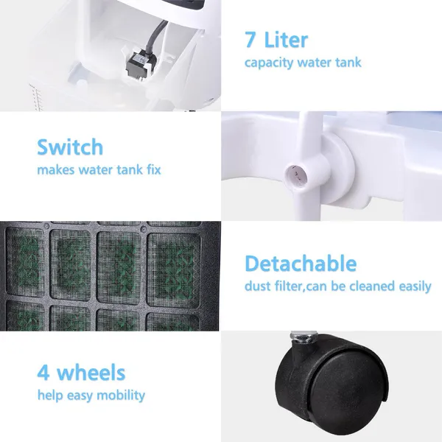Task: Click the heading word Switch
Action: [x=70, y=147]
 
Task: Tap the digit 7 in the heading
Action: [x=250, y=40]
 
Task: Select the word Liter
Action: [x=286, y=40]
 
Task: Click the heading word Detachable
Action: [x=301, y=263]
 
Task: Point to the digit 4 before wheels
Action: [x=43, y=372]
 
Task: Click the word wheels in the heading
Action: [x=91, y=372]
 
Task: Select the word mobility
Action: [x=121, y=396]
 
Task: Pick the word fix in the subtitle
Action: [x=154, y=169]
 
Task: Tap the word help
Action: [x=50, y=396]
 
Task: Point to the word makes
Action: [x=55, y=169]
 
